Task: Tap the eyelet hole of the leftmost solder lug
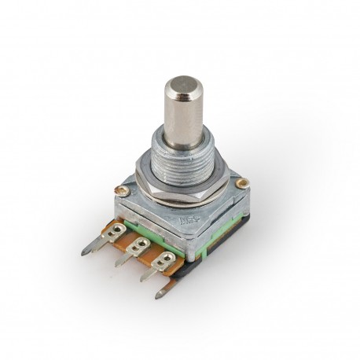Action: pos(118,230)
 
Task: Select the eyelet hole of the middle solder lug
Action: pos(142,244)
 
